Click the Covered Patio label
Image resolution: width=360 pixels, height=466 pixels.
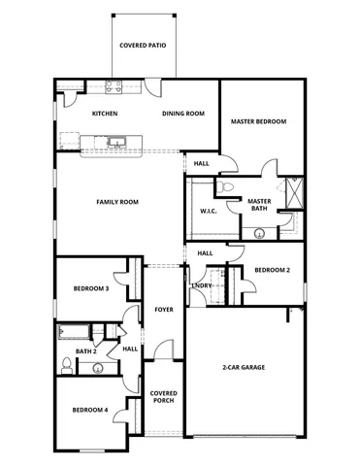tap(142, 46)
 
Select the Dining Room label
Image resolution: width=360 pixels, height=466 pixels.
tap(183, 114)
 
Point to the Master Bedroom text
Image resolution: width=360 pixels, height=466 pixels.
tap(257, 121)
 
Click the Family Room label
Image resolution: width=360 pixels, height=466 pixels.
tap(117, 202)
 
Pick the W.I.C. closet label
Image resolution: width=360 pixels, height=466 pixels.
tap(208, 211)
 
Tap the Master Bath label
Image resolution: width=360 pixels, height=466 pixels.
tap(258, 205)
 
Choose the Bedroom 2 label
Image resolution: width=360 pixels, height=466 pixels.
tap(273, 271)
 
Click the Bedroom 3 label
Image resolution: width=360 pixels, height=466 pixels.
tap(90, 288)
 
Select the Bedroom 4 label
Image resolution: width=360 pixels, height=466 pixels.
tap(90, 411)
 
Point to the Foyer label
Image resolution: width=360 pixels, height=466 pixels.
tap(163, 311)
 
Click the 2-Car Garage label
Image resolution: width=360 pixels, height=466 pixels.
tap(244, 367)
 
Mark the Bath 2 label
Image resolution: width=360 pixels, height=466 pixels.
tap(86, 351)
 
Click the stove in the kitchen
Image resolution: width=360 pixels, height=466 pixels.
tap(112, 85)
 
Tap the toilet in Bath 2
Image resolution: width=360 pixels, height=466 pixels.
tap(66, 365)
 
